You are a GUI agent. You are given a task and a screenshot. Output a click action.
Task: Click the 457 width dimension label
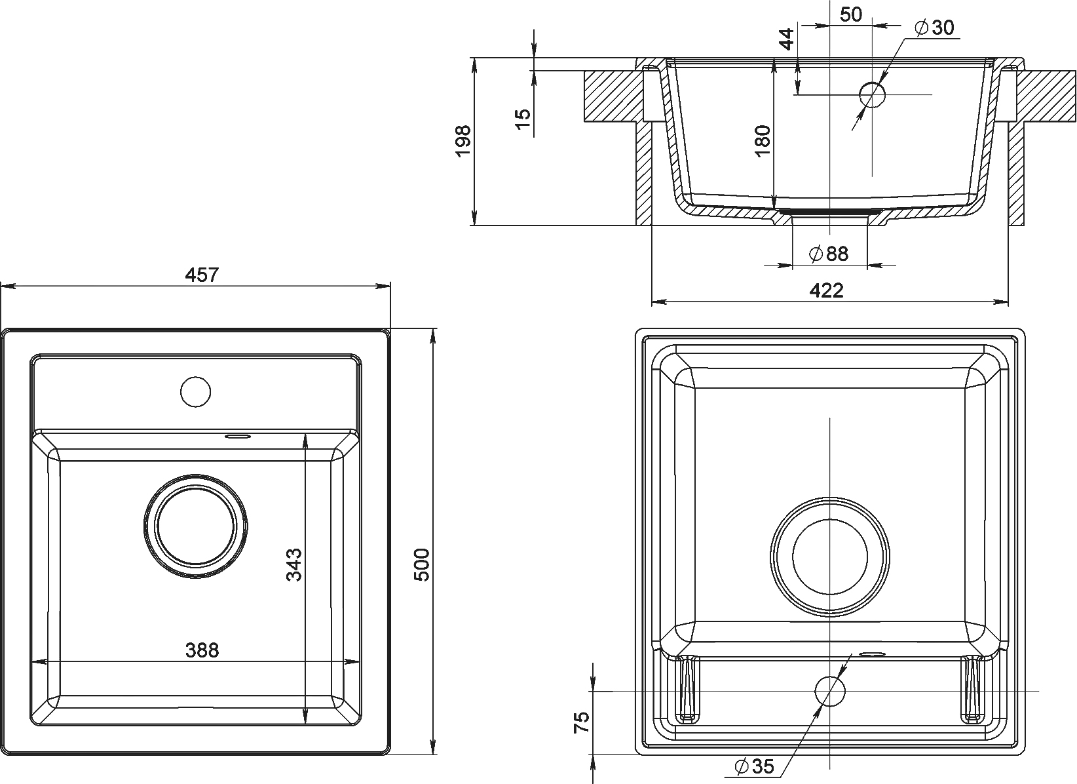click(202, 275)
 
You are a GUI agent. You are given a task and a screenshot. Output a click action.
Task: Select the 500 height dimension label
click(421, 564)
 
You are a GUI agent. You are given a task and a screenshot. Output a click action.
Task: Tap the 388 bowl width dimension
click(202, 650)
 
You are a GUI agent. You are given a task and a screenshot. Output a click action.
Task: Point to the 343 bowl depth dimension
click(293, 564)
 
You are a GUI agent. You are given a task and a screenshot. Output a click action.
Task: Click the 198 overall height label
click(463, 141)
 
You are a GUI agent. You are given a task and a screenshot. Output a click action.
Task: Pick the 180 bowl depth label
click(763, 140)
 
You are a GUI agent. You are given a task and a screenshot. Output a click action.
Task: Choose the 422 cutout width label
click(827, 290)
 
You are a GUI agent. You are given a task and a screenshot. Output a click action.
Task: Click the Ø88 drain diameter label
click(829, 254)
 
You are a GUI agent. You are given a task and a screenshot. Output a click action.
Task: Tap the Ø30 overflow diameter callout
click(935, 28)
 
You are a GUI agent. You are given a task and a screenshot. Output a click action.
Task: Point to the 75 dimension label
click(582, 722)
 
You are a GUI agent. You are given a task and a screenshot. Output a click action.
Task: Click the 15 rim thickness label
click(523, 119)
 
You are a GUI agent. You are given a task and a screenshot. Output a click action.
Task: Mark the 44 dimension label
click(786, 39)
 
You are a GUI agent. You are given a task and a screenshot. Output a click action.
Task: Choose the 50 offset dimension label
click(851, 15)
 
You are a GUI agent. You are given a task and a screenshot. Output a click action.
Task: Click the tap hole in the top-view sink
click(196, 392)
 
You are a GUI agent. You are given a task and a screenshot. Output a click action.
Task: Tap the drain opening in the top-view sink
click(196, 526)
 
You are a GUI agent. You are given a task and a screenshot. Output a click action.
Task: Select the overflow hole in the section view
click(872, 95)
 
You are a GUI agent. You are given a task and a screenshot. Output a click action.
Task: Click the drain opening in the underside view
click(830, 557)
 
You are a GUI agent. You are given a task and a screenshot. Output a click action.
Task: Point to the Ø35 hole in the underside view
click(830, 691)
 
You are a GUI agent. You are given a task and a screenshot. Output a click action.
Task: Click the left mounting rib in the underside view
click(689, 690)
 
